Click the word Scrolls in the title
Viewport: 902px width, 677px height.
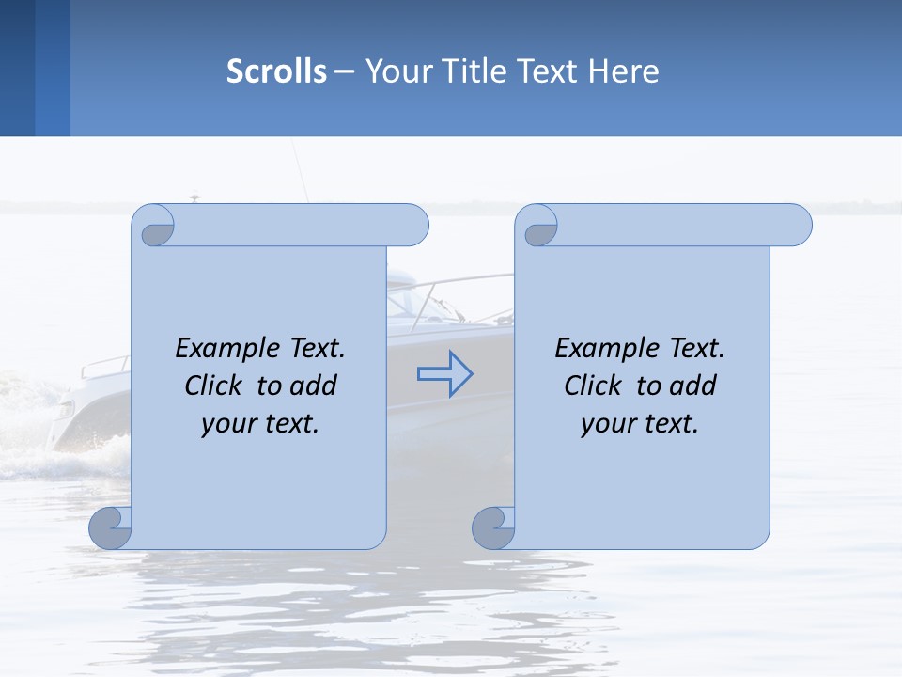(276, 71)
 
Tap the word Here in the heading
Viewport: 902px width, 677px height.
(624, 71)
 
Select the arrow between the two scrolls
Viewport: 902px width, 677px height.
(444, 374)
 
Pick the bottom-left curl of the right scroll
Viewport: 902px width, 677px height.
(493, 527)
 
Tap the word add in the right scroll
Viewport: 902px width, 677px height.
(694, 386)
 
